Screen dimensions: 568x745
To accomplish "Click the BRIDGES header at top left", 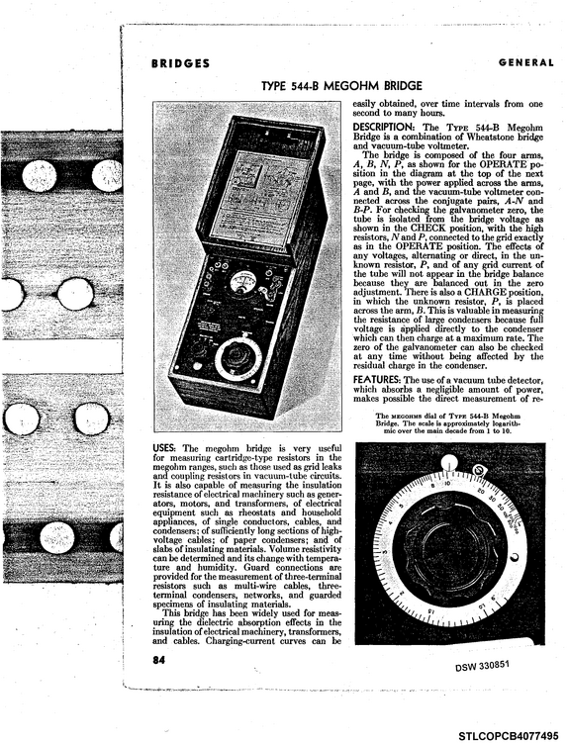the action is point(181,63).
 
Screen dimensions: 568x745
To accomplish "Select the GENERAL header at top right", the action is point(526,62).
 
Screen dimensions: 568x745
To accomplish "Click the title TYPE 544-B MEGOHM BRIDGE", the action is point(341,86).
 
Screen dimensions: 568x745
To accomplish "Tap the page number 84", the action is point(159,660).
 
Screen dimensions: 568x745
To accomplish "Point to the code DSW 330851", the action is point(482,665).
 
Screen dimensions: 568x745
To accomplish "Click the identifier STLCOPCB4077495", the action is point(508,736).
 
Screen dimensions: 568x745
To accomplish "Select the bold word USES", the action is point(164,448).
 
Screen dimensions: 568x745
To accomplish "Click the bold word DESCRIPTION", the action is point(384,127).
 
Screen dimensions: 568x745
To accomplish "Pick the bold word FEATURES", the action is point(376,380).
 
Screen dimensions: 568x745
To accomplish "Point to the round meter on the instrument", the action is point(242,281).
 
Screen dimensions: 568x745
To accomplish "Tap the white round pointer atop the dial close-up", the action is point(449,462).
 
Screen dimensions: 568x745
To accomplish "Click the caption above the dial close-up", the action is point(448,422).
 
